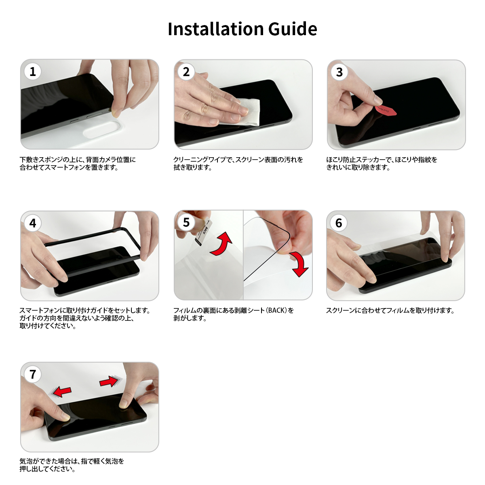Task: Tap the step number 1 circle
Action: [x=33, y=72]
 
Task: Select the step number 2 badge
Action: [x=186, y=72]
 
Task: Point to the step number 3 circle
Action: [x=339, y=72]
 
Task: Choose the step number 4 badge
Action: [x=33, y=223]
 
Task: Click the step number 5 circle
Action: [x=186, y=222]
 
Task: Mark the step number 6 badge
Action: [x=339, y=223]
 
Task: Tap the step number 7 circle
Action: [x=33, y=374]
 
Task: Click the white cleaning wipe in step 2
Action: [x=248, y=112]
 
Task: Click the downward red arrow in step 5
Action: [x=299, y=264]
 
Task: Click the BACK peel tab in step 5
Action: [x=204, y=232]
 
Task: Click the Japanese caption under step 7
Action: [x=72, y=465]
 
